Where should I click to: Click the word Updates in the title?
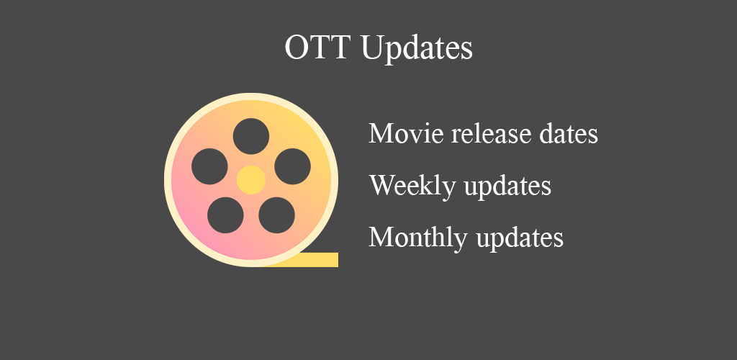[x=417, y=48]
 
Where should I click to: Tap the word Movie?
[x=406, y=134]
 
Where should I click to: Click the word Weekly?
[x=412, y=186]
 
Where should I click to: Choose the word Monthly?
[x=418, y=238]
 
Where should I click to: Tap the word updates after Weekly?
[x=507, y=187]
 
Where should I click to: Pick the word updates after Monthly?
[x=520, y=239]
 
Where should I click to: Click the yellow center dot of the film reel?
[x=251, y=180]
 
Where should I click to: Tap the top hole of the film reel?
[x=251, y=136]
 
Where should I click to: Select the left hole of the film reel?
[x=209, y=166]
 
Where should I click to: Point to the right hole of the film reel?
[x=292, y=166]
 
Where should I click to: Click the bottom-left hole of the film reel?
[x=225, y=215]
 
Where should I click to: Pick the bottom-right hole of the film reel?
[x=277, y=215]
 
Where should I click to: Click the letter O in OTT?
[x=296, y=47]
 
